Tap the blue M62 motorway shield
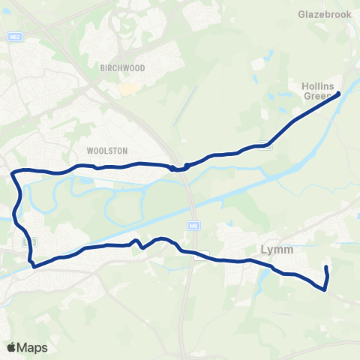pos(14,36)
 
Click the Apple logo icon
pos(12,347)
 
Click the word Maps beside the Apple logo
pos(33,347)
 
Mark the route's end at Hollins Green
pos(339,93)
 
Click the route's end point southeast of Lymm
pos(326,268)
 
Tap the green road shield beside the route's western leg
pos(30,242)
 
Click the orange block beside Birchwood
pos(129,88)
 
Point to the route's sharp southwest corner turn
pos(33,264)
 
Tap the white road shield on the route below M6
pos(198,255)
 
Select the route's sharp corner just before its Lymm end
pos(324,289)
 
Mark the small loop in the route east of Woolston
pos(179,167)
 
